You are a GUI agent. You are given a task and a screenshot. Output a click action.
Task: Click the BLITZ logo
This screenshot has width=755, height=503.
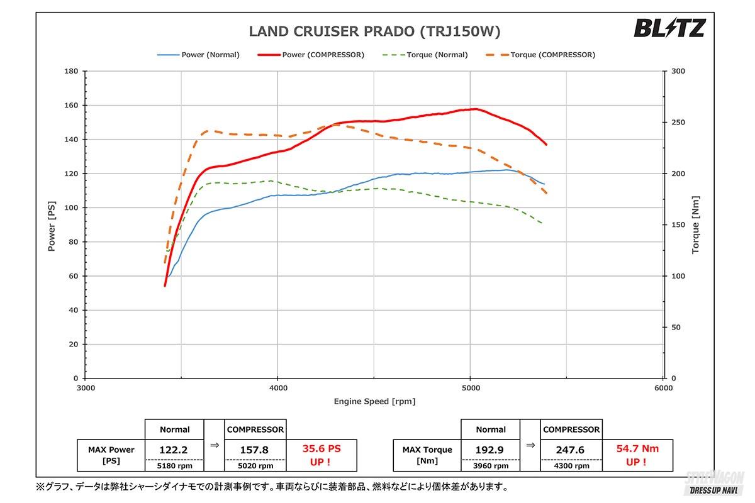(669, 28)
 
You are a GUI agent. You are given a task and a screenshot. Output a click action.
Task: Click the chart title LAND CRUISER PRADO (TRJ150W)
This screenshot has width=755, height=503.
(375, 31)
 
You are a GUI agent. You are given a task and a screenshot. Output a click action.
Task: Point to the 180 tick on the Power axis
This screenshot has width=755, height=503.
(71, 71)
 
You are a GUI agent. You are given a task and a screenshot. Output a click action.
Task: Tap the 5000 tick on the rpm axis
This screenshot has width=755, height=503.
(470, 388)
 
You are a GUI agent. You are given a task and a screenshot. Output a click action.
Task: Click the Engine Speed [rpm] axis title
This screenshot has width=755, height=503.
(374, 401)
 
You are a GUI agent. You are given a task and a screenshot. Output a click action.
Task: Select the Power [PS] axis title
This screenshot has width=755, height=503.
(52, 224)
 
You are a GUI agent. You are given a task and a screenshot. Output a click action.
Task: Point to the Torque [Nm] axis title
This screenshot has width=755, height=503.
(695, 224)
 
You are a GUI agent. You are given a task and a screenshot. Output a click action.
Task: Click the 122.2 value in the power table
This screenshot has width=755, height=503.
(174, 450)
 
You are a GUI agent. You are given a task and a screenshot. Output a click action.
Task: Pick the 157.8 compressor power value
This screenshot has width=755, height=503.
(255, 450)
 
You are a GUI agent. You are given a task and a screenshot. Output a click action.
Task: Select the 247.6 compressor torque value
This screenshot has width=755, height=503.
(571, 450)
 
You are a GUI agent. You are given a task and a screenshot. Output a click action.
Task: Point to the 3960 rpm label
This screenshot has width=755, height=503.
(491, 466)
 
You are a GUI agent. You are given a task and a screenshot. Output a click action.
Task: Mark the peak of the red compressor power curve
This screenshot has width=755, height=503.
(474, 109)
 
